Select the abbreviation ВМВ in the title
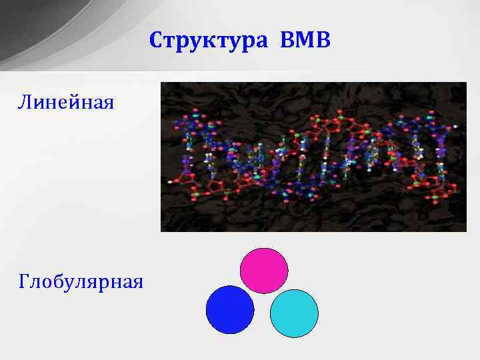point(305,41)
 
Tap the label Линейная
point(66,103)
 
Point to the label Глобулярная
point(81,282)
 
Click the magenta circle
point(264,271)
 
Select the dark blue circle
point(230,309)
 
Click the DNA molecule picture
point(313,157)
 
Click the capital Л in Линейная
point(25,103)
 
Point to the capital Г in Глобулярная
point(25,282)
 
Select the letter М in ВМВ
point(305,41)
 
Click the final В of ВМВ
point(323,41)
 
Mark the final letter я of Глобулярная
point(137,283)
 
